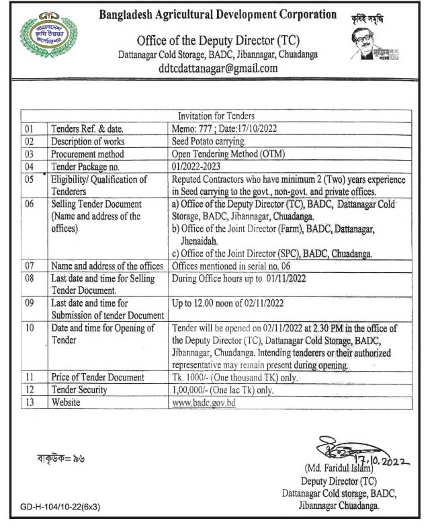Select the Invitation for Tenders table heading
click(216, 116)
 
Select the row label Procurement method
click(87, 154)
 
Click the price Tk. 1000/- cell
click(234, 377)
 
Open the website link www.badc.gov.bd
click(204, 402)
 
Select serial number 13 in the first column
click(29, 402)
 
